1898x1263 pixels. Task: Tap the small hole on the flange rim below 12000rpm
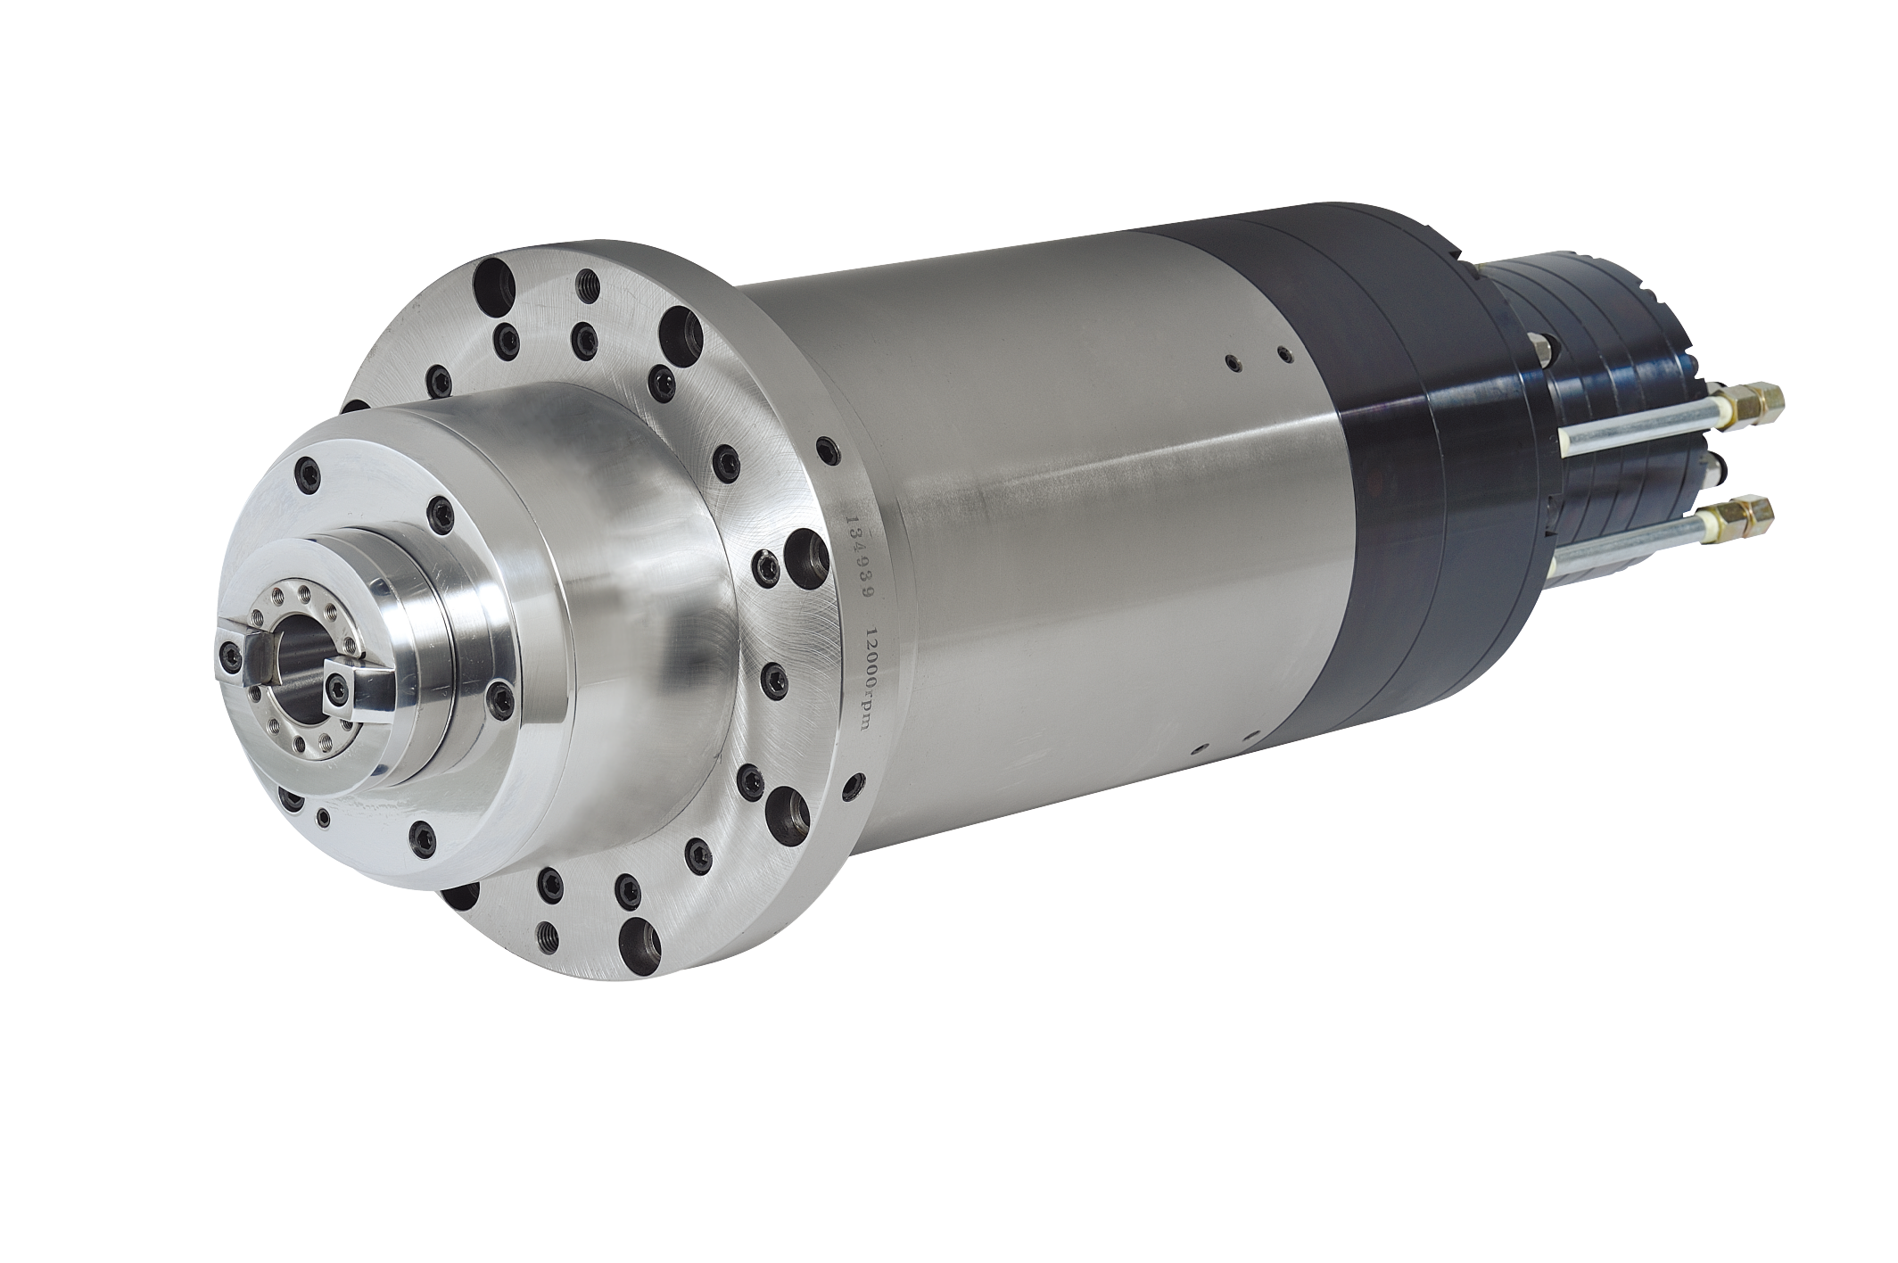pyautogui.click(x=859, y=786)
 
